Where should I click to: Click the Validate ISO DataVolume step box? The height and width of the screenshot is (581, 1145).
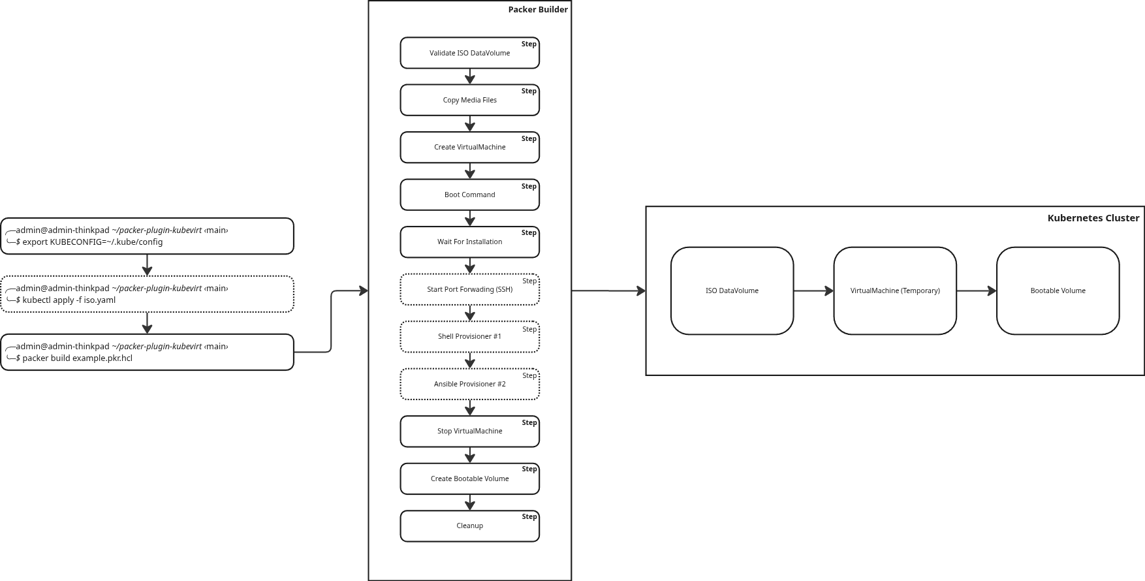tap(469, 53)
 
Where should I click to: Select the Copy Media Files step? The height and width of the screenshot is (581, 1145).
tap(469, 100)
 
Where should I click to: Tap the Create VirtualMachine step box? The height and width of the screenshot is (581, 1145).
tap(469, 148)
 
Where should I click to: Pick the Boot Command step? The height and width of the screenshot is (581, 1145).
tap(469, 195)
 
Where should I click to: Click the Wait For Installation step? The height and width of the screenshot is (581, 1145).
tap(469, 242)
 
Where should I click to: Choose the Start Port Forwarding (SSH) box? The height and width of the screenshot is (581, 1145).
tap(469, 289)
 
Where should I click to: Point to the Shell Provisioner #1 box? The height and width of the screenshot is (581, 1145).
tap(469, 337)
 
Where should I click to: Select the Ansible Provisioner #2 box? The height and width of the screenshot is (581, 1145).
tap(469, 384)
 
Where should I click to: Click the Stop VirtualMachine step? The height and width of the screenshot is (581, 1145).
tap(469, 432)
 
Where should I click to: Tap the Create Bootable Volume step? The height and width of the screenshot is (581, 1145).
tap(469, 479)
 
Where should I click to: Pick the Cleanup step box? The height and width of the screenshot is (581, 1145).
tap(469, 526)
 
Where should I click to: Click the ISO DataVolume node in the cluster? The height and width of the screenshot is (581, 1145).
tap(732, 290)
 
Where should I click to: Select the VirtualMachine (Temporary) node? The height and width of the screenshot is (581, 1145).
tap(895, 290)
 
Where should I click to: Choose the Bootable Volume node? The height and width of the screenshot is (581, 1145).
tap(1058, 290)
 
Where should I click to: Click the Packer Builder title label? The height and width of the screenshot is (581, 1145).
tap(538, 10)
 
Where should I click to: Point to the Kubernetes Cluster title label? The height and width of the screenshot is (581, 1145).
tap(1093, 218)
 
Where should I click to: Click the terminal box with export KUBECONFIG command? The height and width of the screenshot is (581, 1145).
tap(147, 236)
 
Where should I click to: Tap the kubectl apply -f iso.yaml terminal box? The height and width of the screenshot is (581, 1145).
tap(147, 294)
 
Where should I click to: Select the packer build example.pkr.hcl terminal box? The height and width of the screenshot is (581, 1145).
tap(147, 353)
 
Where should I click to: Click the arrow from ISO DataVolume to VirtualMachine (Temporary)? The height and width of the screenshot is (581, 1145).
tap(813, 290)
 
